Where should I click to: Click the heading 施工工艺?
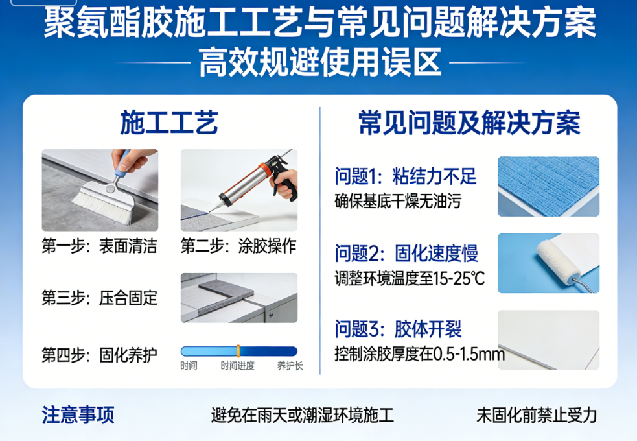(x=168, y=123)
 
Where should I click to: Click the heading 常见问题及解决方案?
(x=469, y=123)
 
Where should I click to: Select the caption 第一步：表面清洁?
(x=99, y=246)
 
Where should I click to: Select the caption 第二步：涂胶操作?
(x=238, y=246)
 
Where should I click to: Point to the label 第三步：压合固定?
(x=99, y=298)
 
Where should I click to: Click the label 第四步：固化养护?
(x=99, y=355)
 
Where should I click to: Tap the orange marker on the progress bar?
(x=238, y=351)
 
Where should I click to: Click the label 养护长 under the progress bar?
(x=290, y=366)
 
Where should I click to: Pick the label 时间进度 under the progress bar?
(x=237, y=366)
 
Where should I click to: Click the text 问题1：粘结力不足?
(x=406, y=175)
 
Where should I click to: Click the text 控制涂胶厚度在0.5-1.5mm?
(x=419, y=355)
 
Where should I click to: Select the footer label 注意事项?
(x=78, y=414)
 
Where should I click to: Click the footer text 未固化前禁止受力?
(x=537, y=415)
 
